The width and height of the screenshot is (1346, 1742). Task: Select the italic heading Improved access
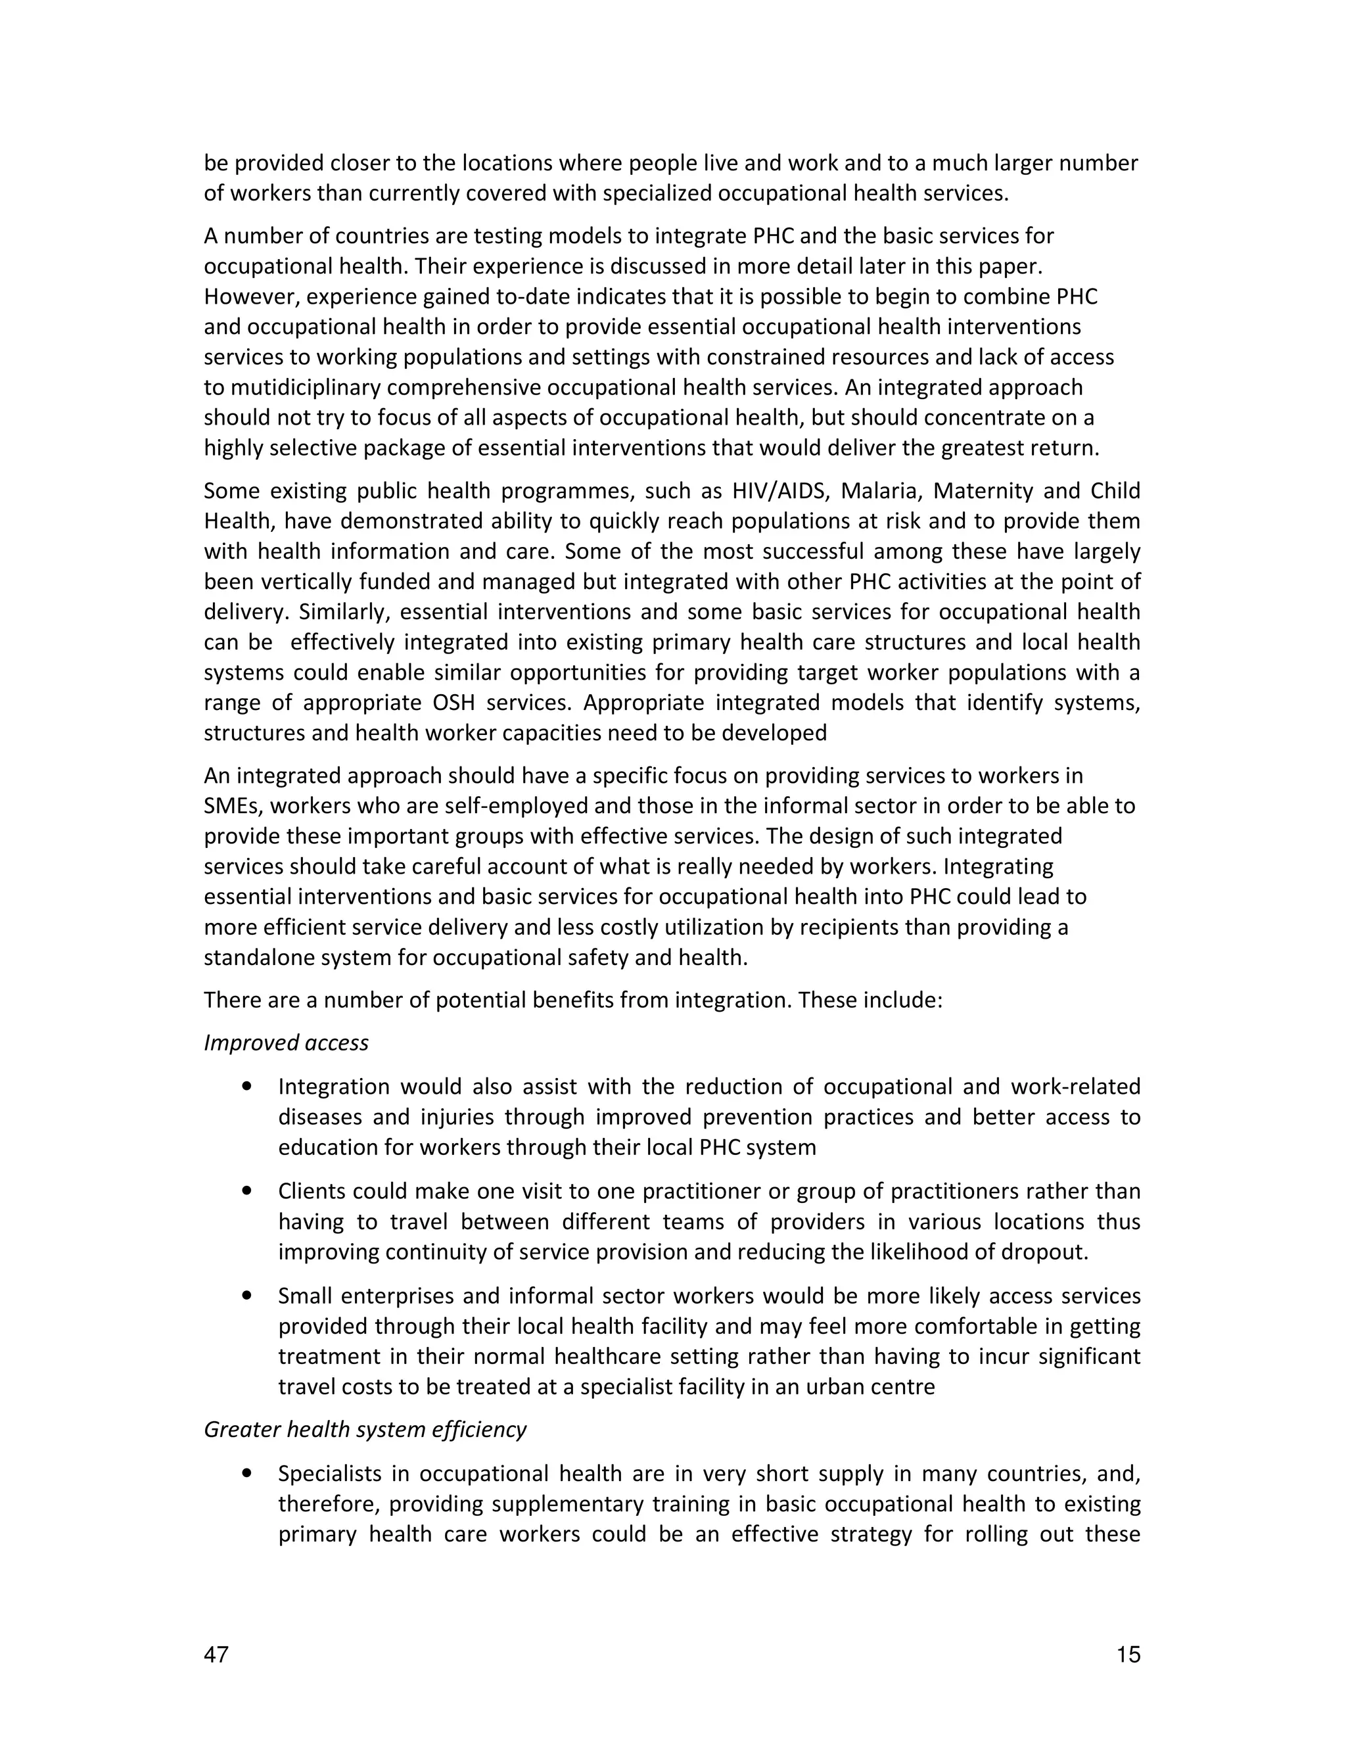(x=287, y=1043)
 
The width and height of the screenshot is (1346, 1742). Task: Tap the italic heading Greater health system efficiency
(x=365, y=1428)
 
